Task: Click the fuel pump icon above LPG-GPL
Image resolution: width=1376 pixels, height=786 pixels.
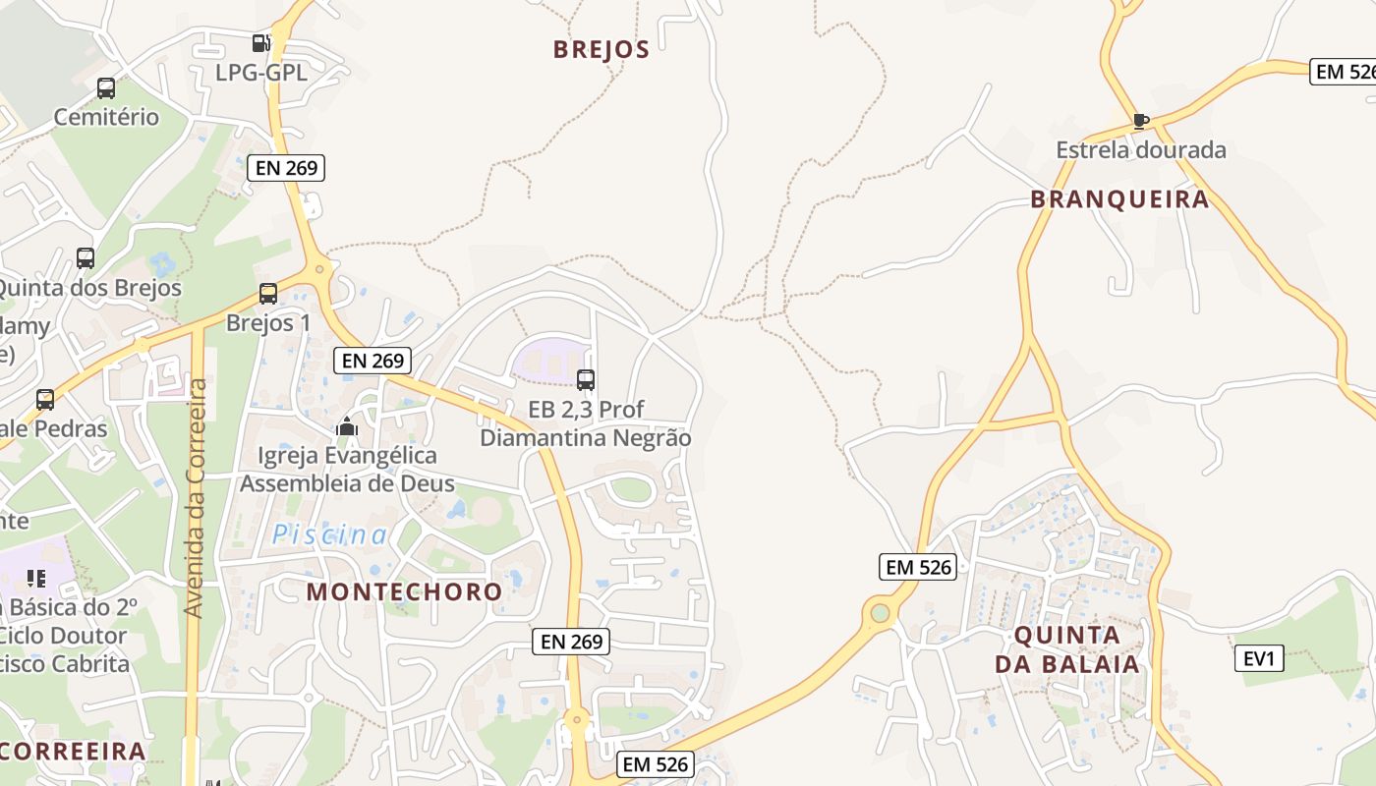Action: tap(260, 43)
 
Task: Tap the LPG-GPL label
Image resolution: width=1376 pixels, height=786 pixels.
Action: tap(261, 73)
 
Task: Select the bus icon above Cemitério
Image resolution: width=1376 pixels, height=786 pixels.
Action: tap(106, 88)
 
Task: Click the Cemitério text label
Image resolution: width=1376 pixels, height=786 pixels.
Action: tap(106, 117)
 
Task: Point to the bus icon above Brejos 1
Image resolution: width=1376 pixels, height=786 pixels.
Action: tap(268, 294)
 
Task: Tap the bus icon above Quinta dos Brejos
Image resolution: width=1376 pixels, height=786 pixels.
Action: tap(86, 258)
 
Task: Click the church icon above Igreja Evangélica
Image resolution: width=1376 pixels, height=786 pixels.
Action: tap(347, 426)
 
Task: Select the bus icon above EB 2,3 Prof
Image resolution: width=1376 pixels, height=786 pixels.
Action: tap(586, 380)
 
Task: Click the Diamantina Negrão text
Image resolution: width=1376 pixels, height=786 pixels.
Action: tap(586, 438)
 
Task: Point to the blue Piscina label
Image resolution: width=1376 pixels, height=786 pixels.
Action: tap(330, 534)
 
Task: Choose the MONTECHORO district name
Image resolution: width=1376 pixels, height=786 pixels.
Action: tap(404, 591)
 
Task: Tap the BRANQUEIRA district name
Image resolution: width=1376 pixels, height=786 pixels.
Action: tap(1119, 199)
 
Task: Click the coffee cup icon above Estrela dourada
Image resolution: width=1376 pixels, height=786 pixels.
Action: tap(1140, 121)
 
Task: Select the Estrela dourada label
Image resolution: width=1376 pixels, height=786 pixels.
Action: tap(1141, 150)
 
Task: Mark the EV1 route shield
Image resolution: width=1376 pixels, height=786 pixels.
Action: tap(1259, 658)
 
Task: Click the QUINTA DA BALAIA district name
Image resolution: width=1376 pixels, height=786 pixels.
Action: tap(1067, 649)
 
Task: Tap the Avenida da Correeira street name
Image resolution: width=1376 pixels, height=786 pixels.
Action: tap(195, 498)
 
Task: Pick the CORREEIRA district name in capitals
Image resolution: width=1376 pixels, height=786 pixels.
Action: tap(74, 752)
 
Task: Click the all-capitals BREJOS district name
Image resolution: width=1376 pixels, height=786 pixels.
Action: tap(602, 49)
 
